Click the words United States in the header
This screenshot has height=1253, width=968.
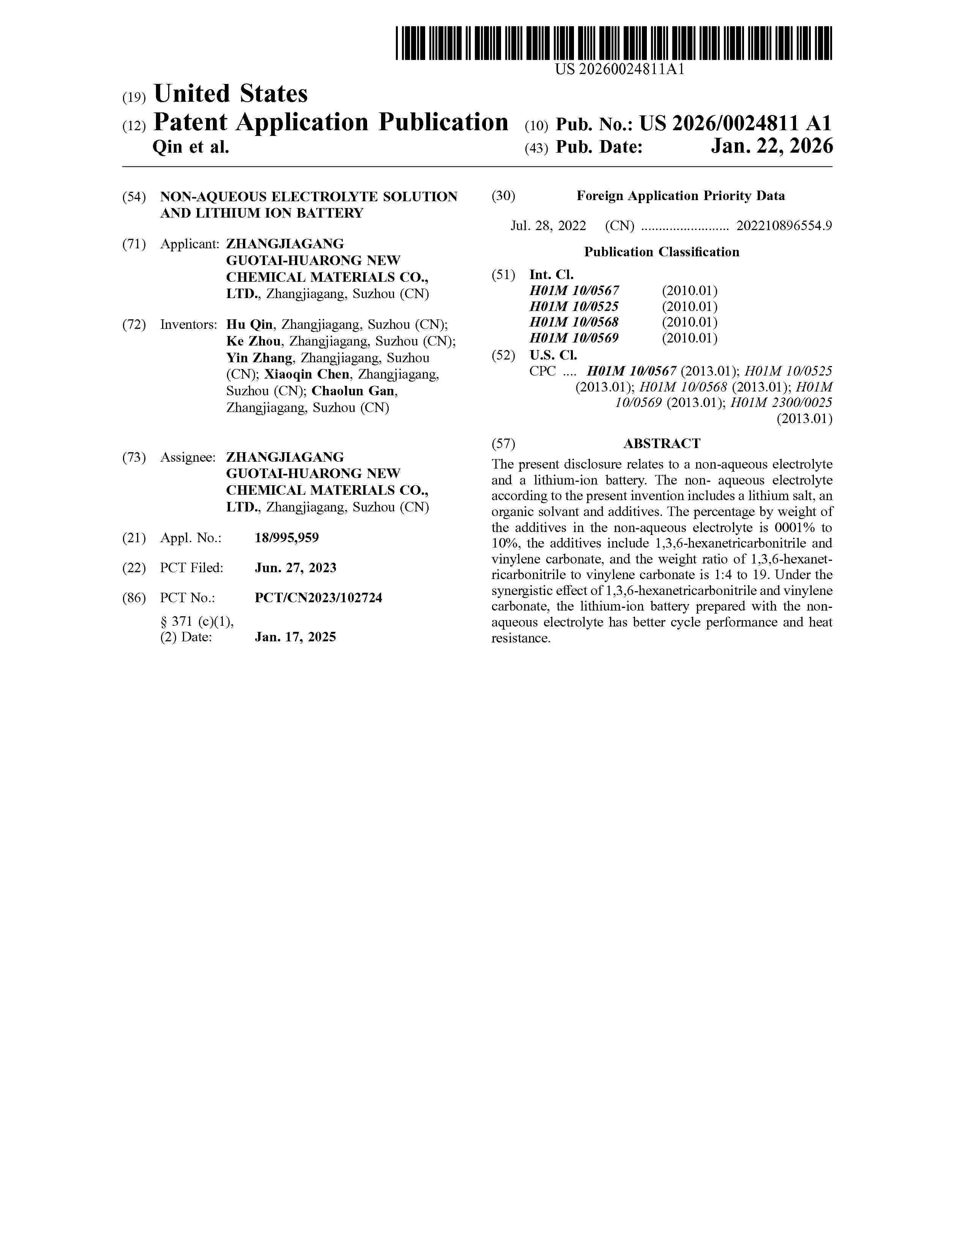pos(230,93)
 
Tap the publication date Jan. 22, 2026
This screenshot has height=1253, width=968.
pos(771,147)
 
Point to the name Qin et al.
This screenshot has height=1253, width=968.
pos(191,147)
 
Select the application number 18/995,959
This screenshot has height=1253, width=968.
pos(287,538)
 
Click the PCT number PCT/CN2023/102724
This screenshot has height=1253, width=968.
pos(318,597)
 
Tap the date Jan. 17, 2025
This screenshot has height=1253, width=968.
pos(295,637)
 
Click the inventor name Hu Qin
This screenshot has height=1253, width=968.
pos(249,325)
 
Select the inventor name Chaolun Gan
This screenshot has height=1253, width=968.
pos(353,391)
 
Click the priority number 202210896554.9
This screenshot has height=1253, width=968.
pos(784,226)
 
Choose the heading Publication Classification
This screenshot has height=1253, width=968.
pos(662,252)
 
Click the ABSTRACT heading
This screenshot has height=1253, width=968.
pos(662,443)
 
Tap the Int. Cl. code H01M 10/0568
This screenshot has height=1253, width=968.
pos(574,322)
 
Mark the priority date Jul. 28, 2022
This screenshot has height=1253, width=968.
pos(548,226)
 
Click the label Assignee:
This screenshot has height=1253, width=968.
pos(188,457)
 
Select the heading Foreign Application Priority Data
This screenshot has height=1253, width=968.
pos(680,196)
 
